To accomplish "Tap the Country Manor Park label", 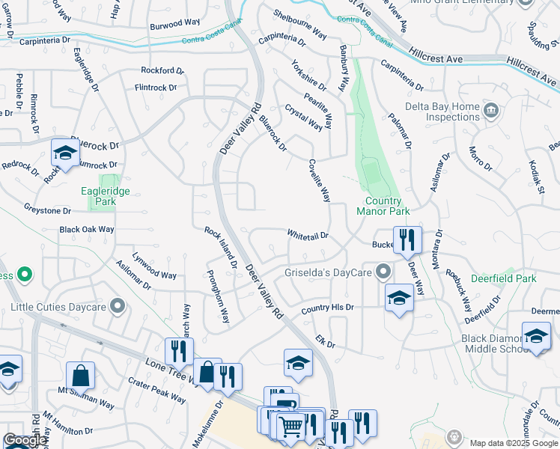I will (395, 206).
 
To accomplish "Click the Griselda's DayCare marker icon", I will (384, 271).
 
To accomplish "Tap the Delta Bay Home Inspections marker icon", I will (491, 112).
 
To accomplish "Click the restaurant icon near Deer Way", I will (407, 240).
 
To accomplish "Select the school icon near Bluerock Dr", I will (65, 153).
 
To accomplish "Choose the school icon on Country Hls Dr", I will (399, 298).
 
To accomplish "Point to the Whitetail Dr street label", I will (308, 235).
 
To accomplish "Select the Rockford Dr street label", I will (162, 70).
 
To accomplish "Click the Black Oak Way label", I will (87, 229).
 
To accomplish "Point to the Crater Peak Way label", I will (156, 390).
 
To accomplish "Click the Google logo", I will (25, 440).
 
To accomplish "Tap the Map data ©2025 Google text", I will (514, 443).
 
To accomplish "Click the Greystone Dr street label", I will (52, 209).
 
